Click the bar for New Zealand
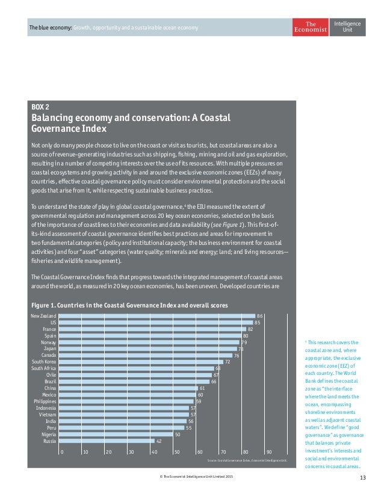coord(156,315)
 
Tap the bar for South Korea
coord(141,362)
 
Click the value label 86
coord(260,315)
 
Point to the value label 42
coord(159,440)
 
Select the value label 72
coord(228,362)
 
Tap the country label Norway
coord(49,342)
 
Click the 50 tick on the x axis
coord(177,451)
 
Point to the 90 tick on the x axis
coord(269,451)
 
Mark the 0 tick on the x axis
coord(62,451)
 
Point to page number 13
coord(362,478)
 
